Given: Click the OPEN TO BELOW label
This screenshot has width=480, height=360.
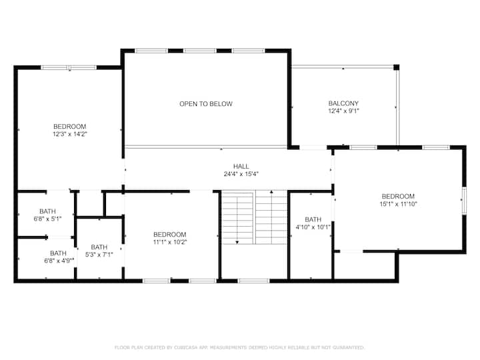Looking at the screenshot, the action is (206, 104).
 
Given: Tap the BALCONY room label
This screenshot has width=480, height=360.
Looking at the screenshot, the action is (343, 103).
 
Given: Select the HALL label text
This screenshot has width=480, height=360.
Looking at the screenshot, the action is (241, 167).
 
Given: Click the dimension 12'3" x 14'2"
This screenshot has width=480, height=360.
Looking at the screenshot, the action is (70, 134).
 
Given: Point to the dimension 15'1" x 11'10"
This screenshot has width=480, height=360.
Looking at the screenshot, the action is (398, 204).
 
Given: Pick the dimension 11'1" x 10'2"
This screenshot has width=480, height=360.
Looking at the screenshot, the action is (170, 242).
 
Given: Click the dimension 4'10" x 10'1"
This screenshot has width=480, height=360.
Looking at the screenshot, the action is (313, 227).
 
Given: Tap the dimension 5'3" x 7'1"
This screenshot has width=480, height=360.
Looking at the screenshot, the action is (99, 255).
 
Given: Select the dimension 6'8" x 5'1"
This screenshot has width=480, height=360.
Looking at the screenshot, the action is (47, 219).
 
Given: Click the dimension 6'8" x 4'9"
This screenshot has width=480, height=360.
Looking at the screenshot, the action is (59, 261).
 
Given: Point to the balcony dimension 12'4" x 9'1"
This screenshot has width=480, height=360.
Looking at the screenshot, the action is (343, 111).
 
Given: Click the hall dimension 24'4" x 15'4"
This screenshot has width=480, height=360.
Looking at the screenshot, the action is (241, 174).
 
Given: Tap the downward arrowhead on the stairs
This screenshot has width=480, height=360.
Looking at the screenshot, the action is (237, 243).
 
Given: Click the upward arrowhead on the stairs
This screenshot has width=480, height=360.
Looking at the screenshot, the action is (271, 192).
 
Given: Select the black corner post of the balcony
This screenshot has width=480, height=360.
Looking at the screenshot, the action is (397, 67).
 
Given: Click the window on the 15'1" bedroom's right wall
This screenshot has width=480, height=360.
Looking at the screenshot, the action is (464, 201).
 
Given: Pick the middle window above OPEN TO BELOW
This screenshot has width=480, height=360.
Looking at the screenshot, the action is (199, 51).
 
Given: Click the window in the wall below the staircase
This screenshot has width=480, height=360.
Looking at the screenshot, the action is (253, 281).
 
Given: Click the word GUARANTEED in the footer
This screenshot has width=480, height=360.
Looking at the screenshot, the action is (348, 347).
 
